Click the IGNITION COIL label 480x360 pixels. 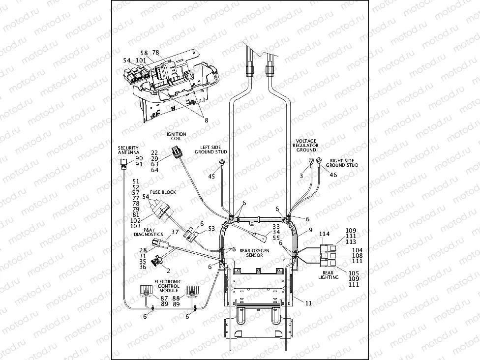pos(176,136)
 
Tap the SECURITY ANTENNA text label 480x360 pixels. pos(128,150)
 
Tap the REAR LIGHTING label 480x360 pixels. pos(329,275)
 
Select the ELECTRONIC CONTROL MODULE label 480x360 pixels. pos(168,286)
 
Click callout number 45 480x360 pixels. pos(212,176)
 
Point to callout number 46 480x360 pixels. pos(333,175)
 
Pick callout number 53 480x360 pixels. pos(211,229)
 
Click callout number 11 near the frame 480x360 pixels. pos(308,303)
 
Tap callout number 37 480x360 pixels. pos(175,232)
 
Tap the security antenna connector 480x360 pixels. pos(124,162)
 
